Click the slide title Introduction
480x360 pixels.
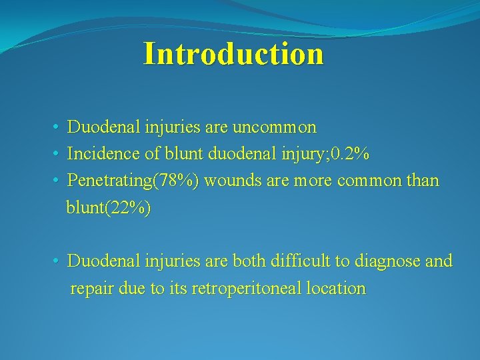[x=233, y=53]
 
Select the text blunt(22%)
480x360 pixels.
[x=109, y=208]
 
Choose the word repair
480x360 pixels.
[x=91, y=289]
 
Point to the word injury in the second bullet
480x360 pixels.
[x=291, y=154]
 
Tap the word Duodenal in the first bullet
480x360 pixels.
[x=100, y=127]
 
